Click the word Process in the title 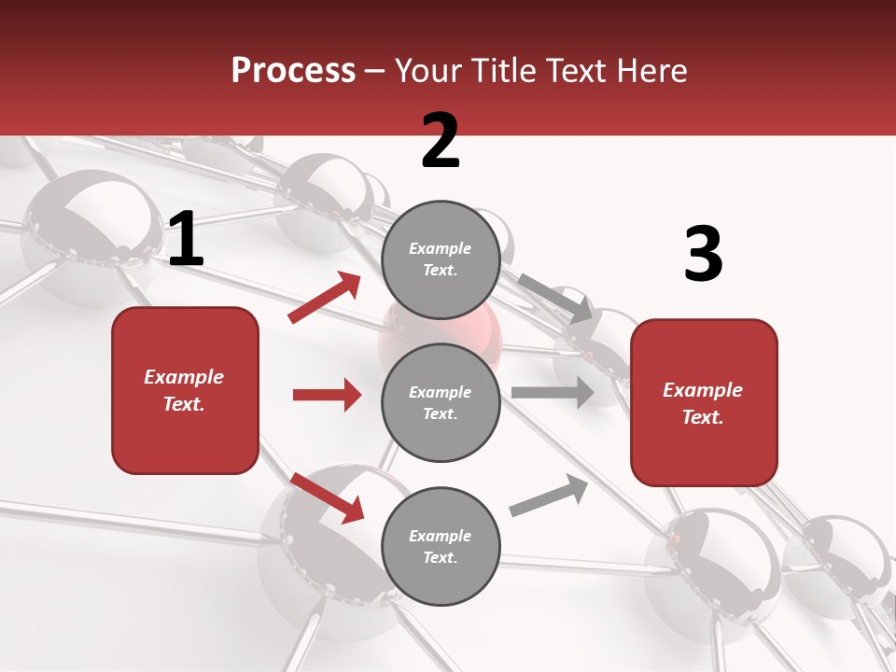[x=293, y=70]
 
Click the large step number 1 [x=186, y=241]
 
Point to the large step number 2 [x=441, y=141]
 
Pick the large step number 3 [x=703, y=255]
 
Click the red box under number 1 [x=185, y=390]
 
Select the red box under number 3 [x=704, y=402]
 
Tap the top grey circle [x=441, y=259]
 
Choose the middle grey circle [x=441, y=402]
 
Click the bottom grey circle [x=441, y=546]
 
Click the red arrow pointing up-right [x=325, y=298]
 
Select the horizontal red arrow [x=327, y=395]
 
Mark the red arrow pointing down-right [x=327, y=497]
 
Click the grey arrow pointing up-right [x=549, y=496]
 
